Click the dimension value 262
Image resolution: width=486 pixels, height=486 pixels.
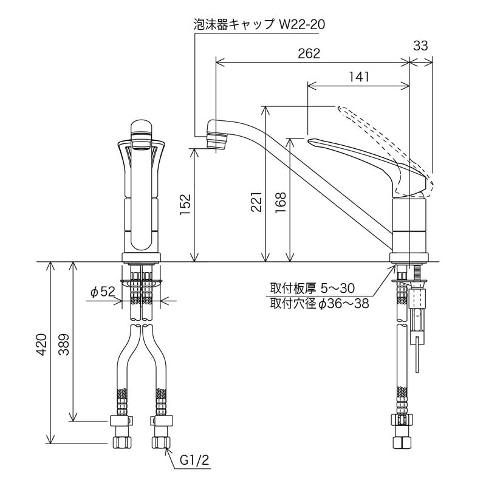tap(309, 53)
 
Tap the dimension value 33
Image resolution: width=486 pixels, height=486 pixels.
tap(420, 46)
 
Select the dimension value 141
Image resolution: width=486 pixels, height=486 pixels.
tap(360, 77)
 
